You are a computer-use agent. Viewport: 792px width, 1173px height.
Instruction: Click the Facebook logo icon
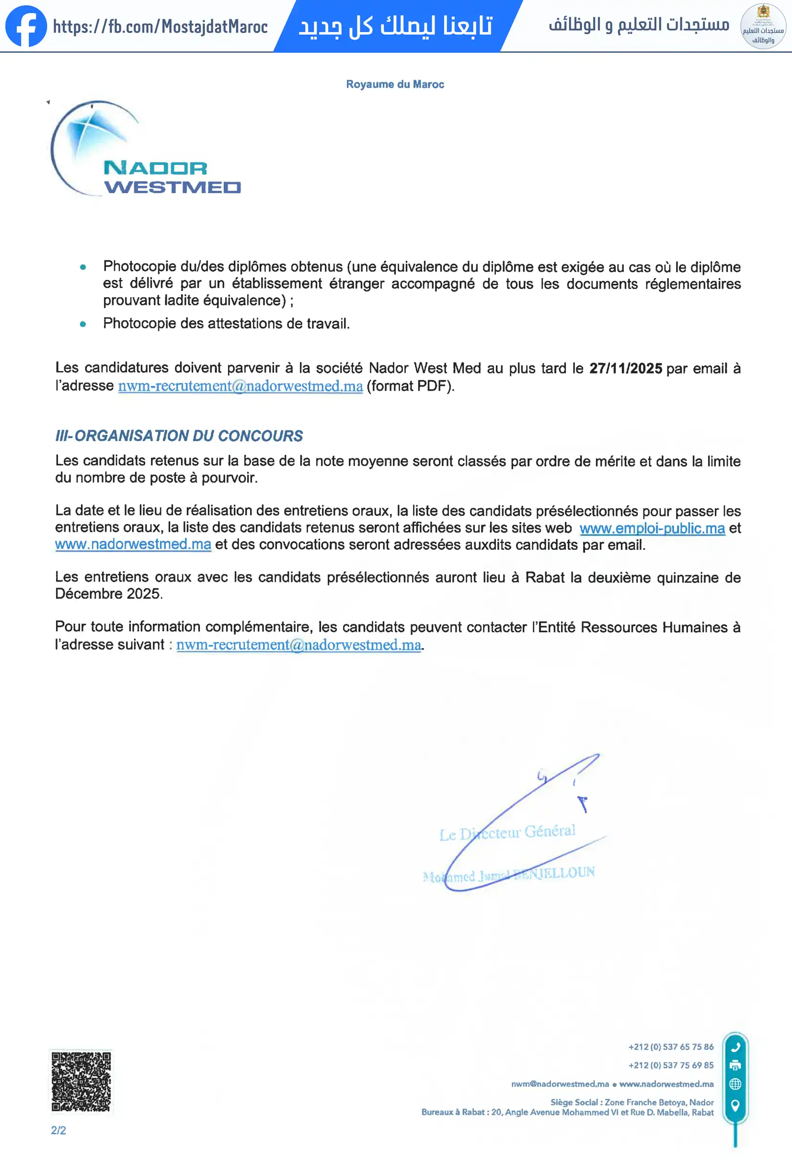click(26, 26)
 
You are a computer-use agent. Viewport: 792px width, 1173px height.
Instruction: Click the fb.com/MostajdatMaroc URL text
click(161, 26)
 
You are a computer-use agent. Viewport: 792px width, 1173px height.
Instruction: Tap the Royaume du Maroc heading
click(395, 84)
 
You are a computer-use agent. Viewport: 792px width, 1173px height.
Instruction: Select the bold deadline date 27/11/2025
click(626, 369)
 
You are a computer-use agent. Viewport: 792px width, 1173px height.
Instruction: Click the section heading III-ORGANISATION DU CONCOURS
click(179, 436)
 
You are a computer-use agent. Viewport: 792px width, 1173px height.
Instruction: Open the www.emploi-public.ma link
click(652, 528)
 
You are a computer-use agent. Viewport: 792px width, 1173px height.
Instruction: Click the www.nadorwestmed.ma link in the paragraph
click(133, 544)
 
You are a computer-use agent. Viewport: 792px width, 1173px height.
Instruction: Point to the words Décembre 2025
click(108, 593)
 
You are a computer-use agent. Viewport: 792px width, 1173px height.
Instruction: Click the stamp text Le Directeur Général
click(507, 832)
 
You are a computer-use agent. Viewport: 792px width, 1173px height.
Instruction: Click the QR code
click(81, 1081)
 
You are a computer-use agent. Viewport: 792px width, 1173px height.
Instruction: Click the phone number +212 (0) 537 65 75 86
click(670, 1047)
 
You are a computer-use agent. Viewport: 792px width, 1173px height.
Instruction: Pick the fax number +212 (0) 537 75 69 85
click(670, 1065)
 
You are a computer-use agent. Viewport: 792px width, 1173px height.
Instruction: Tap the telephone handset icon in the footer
click(735, 1047)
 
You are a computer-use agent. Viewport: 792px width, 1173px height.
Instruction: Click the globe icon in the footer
click(735, 1084)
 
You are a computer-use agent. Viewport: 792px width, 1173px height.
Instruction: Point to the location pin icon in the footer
click(735, 1105)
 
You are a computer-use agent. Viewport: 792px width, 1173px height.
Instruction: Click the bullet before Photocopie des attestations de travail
click(83, 324)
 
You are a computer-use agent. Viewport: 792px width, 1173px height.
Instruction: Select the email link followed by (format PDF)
click(240, 386)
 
